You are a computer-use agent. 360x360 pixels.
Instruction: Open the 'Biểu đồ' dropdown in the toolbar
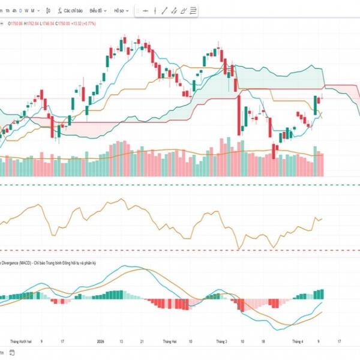97,11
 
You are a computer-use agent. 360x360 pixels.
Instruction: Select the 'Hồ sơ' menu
120,11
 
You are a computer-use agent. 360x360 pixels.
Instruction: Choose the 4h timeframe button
13,11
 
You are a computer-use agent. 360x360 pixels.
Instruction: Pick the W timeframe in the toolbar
27,11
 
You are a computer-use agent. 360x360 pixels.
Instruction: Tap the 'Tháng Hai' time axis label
171,340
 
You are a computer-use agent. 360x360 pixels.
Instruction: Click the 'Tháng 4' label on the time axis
298,340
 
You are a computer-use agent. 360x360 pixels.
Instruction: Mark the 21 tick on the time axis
141,340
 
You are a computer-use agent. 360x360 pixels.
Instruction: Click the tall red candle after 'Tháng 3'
239,117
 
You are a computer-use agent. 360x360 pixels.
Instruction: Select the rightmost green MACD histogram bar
322,293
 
